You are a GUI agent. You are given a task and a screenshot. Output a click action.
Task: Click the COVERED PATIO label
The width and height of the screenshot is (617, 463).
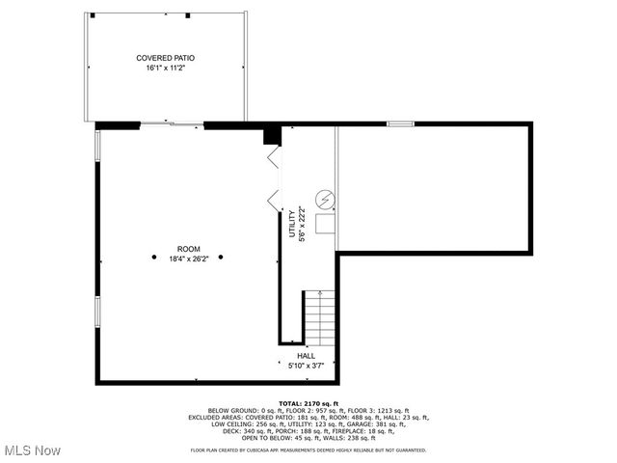click(x=166, y=59)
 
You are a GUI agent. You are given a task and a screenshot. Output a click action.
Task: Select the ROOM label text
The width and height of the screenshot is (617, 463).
click(x=189, y=249)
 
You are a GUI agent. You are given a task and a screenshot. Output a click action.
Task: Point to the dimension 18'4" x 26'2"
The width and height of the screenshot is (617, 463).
click(x=189, y=259)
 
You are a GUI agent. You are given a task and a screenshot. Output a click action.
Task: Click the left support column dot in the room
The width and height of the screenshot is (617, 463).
click(x=154, y=257)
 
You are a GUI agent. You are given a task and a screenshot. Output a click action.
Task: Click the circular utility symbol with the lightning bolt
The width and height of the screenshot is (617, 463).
click(x=326, y=201)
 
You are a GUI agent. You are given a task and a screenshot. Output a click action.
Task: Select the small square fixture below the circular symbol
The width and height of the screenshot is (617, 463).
click(x=326, y=224)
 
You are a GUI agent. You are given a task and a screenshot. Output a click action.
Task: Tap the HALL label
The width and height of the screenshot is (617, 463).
click(x=306, y=355)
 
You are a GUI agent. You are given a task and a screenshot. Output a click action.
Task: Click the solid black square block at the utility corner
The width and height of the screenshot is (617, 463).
click(x=272, y=135)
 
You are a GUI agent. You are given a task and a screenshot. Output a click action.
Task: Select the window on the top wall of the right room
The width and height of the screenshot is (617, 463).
click(x=400, y=123)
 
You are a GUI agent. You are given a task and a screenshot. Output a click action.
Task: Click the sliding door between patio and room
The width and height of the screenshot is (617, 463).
click(x=173, y=124)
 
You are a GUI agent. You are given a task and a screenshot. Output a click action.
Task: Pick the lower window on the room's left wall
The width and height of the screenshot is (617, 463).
click(x=96, y=311)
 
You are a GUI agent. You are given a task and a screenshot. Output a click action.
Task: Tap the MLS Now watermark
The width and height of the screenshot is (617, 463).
click(x=33, y=450)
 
